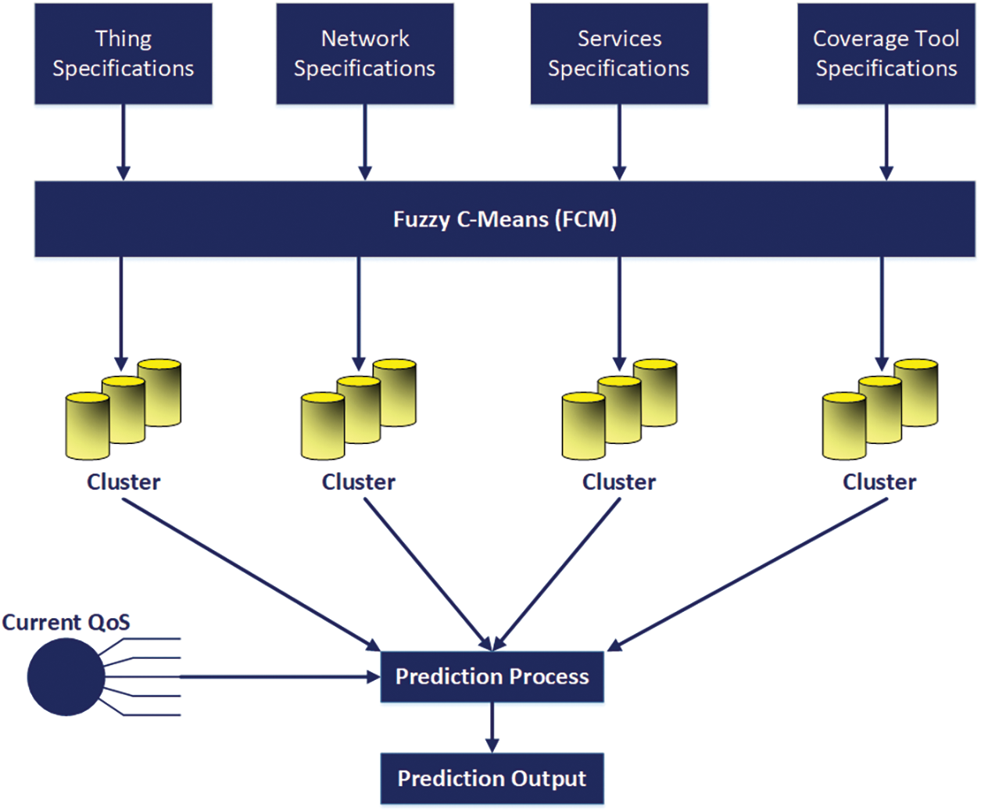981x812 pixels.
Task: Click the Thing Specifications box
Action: coord(124,54)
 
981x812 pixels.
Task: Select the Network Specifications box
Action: coord(365,54)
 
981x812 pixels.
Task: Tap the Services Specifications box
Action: coord(619,54)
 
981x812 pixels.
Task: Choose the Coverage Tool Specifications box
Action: coord(886,54)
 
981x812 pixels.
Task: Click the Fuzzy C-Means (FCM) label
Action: coord(505,220)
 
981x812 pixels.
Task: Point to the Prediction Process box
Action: coord(492,677)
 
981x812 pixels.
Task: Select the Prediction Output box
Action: coord(492,778)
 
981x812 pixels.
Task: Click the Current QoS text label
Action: coord(66,622)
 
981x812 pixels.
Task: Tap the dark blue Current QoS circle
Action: coord(66,677)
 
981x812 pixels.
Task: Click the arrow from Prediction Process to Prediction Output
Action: coord(492,728)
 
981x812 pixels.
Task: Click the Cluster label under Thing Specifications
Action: coord(124,482)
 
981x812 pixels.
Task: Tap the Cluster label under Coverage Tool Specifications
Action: coord(879,482)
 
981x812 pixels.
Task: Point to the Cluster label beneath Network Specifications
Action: coord(359,482)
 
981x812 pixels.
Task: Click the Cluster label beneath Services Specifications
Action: coord(619,482)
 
